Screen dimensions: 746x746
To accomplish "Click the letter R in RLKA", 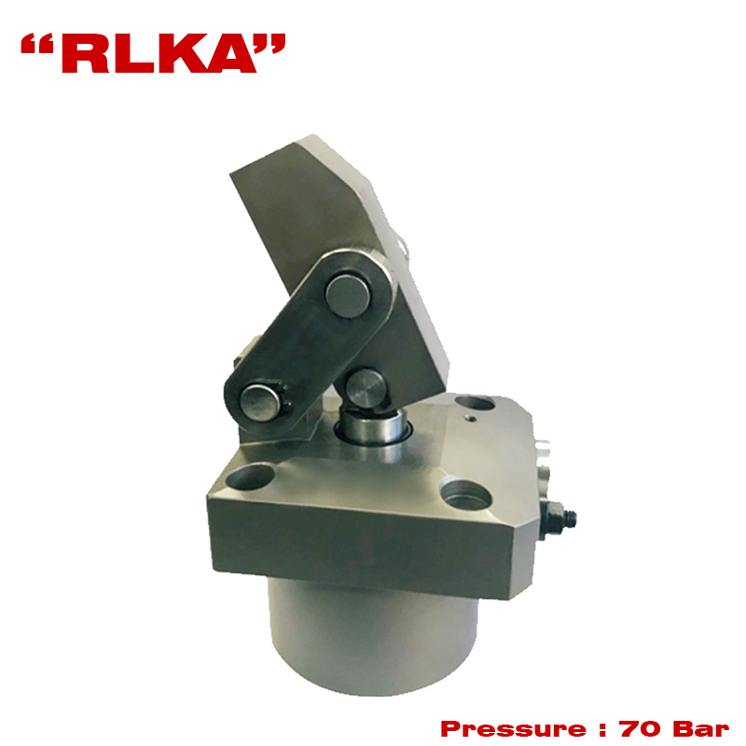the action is pyautogui.click(x=85, y=53).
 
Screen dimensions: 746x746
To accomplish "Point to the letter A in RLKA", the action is pyautogui.click(x=228, y=53).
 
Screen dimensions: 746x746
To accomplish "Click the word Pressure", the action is pyautogui.click(x=513, y=728).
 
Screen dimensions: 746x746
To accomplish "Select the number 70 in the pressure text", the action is pyautogui.click(x=640, y=728).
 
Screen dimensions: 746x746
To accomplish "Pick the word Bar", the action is pyautogui.click(x=701, y=728).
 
